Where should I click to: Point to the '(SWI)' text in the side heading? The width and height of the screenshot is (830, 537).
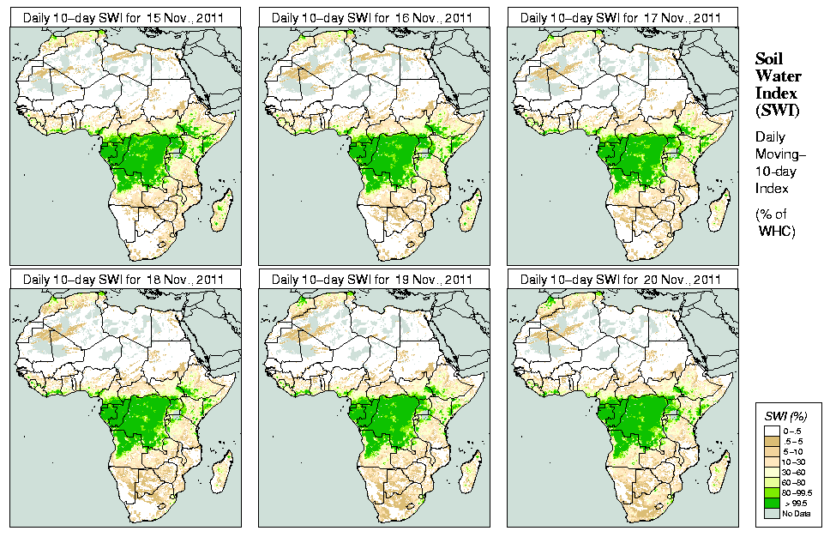[x=776, y=110]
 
